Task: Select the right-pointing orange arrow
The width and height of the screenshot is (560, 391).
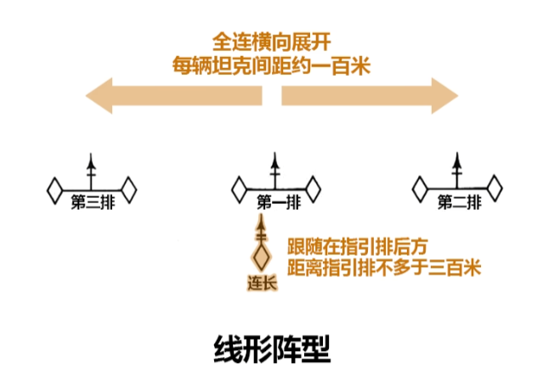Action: (370, 93)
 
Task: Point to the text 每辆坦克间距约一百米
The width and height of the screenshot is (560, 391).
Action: (271, 65)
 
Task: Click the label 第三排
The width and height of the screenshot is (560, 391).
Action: (92, 202)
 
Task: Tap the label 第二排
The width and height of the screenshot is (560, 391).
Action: (459, 202)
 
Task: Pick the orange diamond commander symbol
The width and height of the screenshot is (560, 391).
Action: (262, 256)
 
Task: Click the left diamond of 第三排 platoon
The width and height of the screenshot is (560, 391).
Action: (55, 190)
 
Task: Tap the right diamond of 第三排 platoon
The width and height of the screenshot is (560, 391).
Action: (128, 190)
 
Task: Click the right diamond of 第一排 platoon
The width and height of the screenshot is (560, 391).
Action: (313, 190)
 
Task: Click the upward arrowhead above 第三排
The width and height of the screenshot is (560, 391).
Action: (92, 161)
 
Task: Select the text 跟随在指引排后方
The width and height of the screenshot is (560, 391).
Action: (357, 247)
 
